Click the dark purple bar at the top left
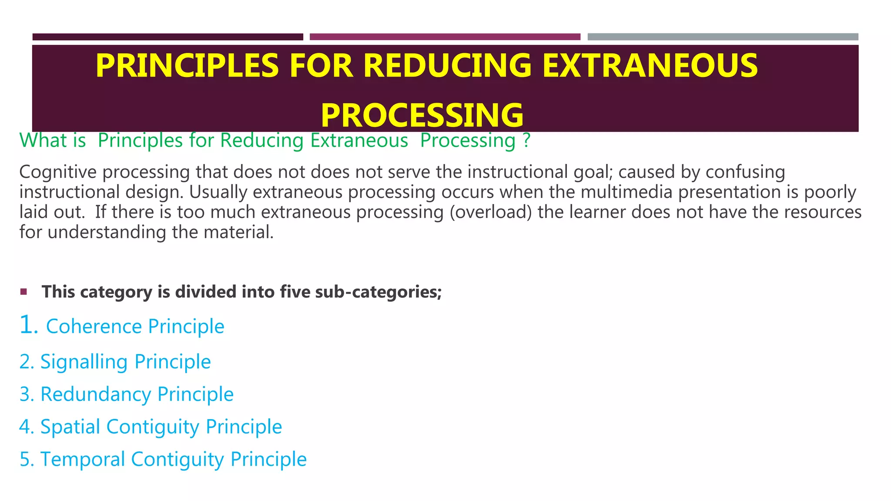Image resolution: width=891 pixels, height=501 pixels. (x=167, y=37)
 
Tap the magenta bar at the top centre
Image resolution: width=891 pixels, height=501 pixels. (x=445, y=37)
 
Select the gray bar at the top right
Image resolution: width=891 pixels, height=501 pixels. (x=723, y=37)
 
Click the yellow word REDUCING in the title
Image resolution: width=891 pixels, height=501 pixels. (x=447, y=66)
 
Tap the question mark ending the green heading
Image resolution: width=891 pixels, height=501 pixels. (x=526, y=140)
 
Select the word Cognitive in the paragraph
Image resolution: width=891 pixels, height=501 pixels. (x=58, y=172)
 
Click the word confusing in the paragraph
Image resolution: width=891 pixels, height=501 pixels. (x=745, y=172)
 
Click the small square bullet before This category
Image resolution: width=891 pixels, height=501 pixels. (x=23, y=291)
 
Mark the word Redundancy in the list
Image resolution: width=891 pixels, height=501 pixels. (x=96, y=394)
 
